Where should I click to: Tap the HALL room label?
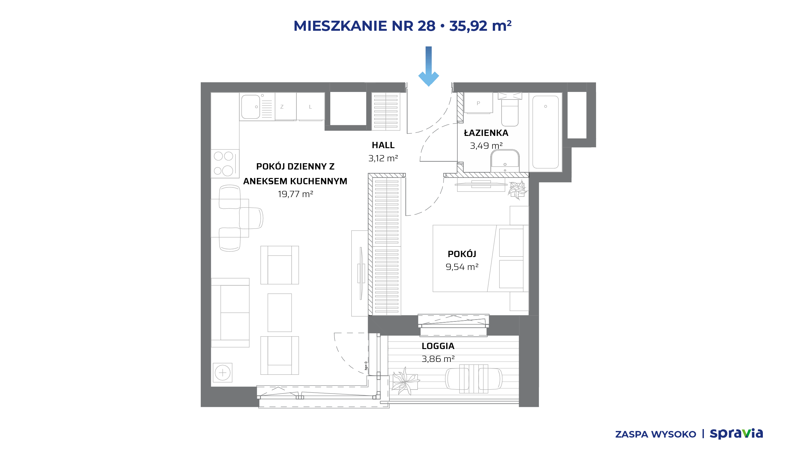point(383,145)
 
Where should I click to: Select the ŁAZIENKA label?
point(486,133)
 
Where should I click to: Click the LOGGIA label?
point(438,346)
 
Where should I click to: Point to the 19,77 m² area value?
point(295,194)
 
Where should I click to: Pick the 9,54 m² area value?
point(462,267)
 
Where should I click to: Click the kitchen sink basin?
point(250,107)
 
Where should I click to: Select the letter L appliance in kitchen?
point(311,106)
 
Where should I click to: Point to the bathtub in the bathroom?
point(545,132)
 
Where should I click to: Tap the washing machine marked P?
point(478,103)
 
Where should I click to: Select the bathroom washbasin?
point(505,161)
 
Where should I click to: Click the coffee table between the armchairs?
point(279,313)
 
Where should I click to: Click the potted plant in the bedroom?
point(518,190)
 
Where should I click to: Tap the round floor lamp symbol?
point(222,373)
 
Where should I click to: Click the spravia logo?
point(736,434)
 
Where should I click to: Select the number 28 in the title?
point(427,26)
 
